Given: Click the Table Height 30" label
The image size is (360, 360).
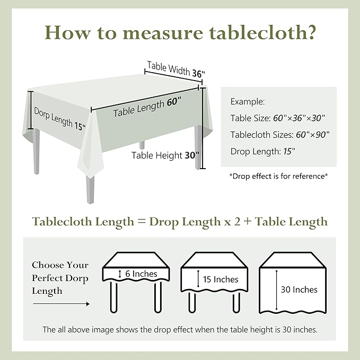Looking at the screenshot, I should pyautogui.click(x=165, y=155).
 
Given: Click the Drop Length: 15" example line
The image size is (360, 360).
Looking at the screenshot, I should pyautogui.click(x=262, y=151).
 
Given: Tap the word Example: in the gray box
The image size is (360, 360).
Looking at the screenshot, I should pyautogui.click(x=248, y=101).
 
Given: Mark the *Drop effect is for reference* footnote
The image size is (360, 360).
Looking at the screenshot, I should pyautogui.click(x=278, y=175).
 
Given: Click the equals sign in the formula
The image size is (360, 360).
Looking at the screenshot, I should pyautogui.click(x=141, y=222).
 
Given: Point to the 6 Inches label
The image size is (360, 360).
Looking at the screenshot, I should pyautogui.click(x=141, y=274).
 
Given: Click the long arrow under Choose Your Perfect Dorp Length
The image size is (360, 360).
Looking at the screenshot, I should pyautogui.click(x=60, y=304).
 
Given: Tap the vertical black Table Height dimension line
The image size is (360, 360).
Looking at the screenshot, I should pyautogui.click(x=201, y=130).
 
